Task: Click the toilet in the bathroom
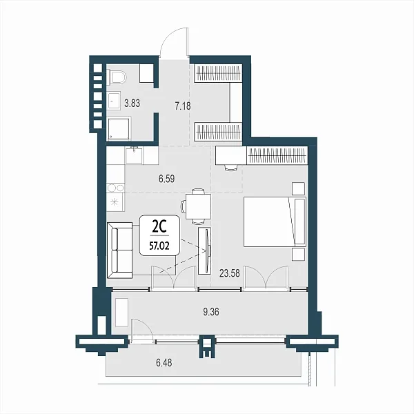(x=116, y=77)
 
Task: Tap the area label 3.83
(x=132, y=103)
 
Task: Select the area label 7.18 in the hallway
(x=183, y=106)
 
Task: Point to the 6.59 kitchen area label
(x=166, y=179)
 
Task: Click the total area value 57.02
(x=159, y=246)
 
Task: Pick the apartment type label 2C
(x=159, y=227)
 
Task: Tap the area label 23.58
(x=230, y=273)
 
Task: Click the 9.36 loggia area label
(x=211, y=312)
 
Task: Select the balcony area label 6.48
(x=164, y=363)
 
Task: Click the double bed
(x=275, y=221)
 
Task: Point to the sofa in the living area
(x=120, y=250)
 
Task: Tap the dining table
(x=198, y=206)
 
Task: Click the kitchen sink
(x=134, y=155)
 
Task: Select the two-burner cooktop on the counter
(x=115, y=188)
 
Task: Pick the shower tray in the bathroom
(x=119, y=129)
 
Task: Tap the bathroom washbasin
(x=114, y=101)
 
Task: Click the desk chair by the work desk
(x=230, y=168)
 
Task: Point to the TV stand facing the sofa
(x=205, y=250)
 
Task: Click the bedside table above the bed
(x=298, y=188)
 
